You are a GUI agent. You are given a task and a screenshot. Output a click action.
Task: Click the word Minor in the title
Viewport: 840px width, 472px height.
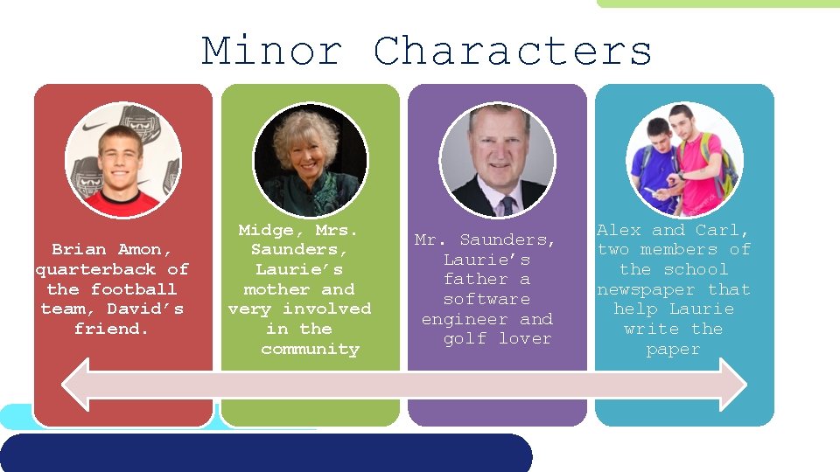pyautogui.click(x=272, y=51)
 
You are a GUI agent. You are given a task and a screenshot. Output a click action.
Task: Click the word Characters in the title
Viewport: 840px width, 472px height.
pyautogui.click(x=513, y=51)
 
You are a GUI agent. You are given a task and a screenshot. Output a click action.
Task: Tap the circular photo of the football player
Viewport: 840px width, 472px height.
pyautogui.click(x=122, y=160)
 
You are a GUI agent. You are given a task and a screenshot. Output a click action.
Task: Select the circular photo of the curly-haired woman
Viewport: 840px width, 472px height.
pyautogui.click(x=310, y=160)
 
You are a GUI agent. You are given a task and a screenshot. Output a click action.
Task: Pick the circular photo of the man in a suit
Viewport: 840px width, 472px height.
pyautogui.click(x=497, y=160)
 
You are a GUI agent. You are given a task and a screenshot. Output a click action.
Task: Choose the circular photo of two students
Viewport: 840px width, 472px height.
pyautogui.click(x=685, y=160)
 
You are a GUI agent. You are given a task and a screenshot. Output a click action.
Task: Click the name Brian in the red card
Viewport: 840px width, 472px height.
pyautogui.click(x=80, y=250)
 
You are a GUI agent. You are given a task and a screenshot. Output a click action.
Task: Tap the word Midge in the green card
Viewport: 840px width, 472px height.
pyautogui.click(x=266, y=231)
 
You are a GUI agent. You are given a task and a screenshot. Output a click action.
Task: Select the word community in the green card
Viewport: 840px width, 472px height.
pyautogui.click(x=310, y=350)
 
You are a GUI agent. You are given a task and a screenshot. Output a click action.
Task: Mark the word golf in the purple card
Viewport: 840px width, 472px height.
pyautogui.click(x=465, y=339)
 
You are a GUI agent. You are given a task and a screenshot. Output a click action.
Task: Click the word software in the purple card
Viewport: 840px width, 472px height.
pyautogui.click(x=486, y=300)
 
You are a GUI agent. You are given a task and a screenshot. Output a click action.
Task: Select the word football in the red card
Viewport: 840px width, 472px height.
pyautogui.click(x=133, y=289)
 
